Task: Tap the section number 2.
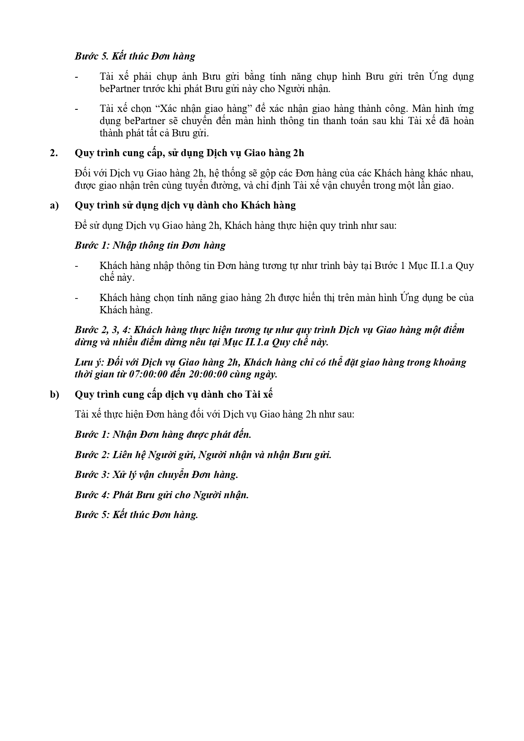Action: [53, 153]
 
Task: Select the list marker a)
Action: [54, 205]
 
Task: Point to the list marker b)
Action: [54, 394]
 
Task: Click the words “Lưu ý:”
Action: [89, 362]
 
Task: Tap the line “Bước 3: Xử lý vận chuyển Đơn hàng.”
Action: [157, 475]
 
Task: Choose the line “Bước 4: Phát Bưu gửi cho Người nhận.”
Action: [162, 495]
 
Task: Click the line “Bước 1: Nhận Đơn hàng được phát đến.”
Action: [163, 434]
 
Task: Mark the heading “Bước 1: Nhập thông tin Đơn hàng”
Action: [150, 245]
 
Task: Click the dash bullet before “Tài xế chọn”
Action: [76, 109]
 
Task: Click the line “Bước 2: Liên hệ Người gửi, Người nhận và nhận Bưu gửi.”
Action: [203, 455]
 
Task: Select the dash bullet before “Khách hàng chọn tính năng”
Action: [76, 298]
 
